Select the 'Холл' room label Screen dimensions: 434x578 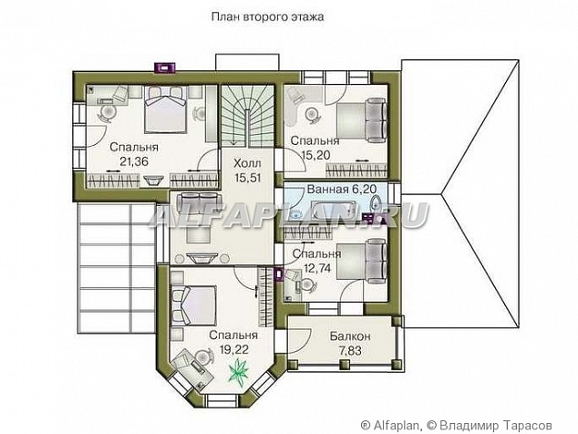click(x=246, y=162)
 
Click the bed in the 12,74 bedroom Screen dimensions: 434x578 click(x=356, y=259)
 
